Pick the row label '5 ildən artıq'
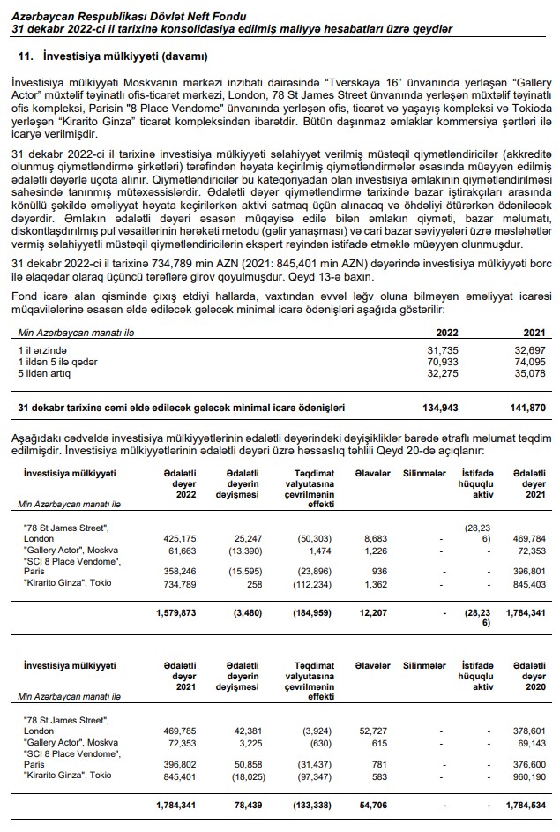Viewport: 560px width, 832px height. point(46,373)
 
